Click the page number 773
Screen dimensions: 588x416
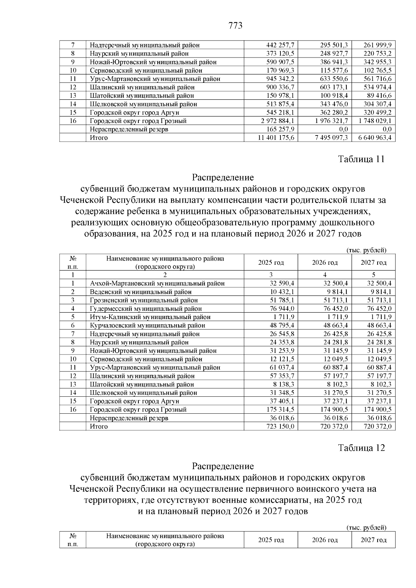(x=235, y=26)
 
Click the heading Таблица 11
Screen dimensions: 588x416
(x=361, y=159)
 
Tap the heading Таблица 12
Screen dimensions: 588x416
(x=361, y=448)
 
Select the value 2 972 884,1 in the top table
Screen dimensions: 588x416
(x=275, y=121)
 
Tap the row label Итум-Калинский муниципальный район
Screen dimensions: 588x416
(x=150, y=317)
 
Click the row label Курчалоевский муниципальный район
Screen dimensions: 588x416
(x=147, y=326)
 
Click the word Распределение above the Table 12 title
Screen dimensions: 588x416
(x=223, y=466)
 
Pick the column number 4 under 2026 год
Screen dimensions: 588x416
(x=325, y=275)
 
